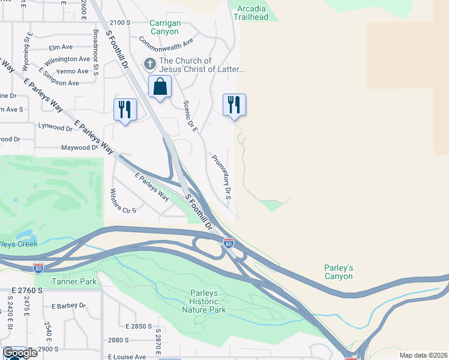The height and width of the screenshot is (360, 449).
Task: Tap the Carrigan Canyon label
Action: (164, 27)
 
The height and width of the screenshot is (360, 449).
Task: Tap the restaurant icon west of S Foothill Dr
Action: (125, 109)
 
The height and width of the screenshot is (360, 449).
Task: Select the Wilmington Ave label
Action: (67, 59)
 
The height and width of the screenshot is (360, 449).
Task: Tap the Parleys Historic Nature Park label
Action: (204, 301)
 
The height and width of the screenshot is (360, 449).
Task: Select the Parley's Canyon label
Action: (338, 272)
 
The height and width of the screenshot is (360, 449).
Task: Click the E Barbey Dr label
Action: (68, 305)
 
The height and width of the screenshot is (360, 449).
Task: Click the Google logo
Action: (19, 353)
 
